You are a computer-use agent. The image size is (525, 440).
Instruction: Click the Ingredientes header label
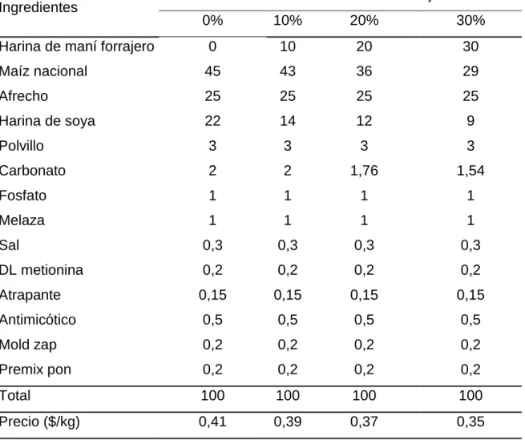(38, 6)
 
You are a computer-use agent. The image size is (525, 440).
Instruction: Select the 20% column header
(364, 20)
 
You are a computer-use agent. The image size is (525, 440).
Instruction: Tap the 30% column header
(470, 20)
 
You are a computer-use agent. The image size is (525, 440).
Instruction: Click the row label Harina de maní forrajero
(77, 46)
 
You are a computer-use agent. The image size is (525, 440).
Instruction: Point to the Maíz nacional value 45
(212, 71)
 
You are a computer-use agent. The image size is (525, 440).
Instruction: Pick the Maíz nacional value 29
(470, 71)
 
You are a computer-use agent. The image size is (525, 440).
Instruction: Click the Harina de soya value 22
(212, 121)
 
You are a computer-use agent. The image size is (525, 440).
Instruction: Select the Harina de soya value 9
(470, 121)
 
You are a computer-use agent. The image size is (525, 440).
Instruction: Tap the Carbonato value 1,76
(364, 171)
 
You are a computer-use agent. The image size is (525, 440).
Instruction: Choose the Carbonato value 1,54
(470, 171)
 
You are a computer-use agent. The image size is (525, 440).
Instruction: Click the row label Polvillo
(22, 146)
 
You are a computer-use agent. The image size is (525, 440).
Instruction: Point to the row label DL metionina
(42, 270)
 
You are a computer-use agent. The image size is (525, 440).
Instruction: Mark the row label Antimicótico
(38, 320)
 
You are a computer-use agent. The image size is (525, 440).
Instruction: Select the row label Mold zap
(28, 345)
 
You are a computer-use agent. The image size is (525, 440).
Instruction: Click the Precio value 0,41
(212, 422)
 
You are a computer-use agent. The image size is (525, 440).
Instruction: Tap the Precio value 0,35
(470, 422)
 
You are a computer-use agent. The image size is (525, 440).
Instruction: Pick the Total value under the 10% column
(288, 395)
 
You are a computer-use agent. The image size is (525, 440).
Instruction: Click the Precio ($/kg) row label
(40, 422)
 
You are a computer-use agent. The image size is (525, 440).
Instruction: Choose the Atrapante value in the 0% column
(212, 295)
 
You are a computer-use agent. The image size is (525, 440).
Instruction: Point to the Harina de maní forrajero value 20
(364, 46)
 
